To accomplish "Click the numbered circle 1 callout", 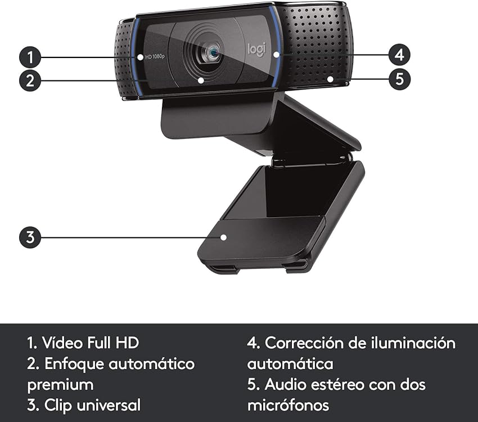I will pyautogui.click(x=30, y=57).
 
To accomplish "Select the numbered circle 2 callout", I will pyautogui.click(x=30, y=80).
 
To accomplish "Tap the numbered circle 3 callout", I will pyautogui.click(x=30, y=237).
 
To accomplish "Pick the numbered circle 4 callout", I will pyautogui.click(x=399, y=55).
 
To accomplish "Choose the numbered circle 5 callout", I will pyautogui.click(x=399, y=78).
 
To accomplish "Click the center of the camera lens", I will pyautogui.click(x=213, y=53).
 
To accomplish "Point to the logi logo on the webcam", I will pyautogui.click(x=255, y=50).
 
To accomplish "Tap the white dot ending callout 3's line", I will pyautogui.click(x=223, y=237).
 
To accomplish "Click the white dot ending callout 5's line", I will pyautogui.click(x=331, y=79).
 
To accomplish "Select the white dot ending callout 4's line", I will pyautogui.click(x=276, y=55).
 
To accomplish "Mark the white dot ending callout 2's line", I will pyautogui.click(x=201, y=80).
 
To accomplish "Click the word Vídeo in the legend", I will pyautogui.click(x=62, y=342).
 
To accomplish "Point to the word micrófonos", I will pyautogui.click(x=288, y=405).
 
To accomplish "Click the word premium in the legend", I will pyautogui.click(x=60, y=385).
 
